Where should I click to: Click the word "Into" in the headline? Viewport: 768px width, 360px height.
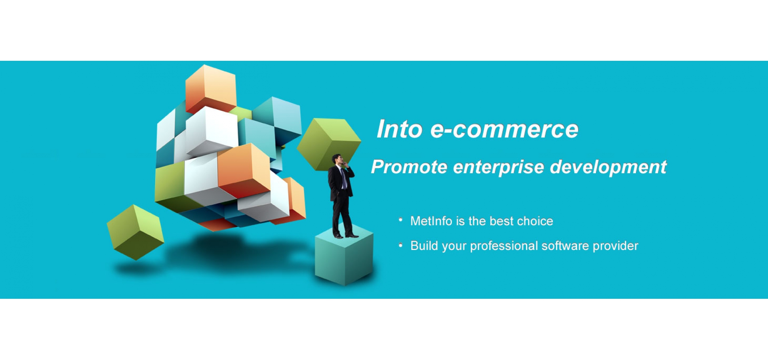coord(400,129)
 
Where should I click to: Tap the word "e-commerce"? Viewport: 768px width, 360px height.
coord(504,129)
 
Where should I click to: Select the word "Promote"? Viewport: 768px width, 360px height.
coord(409,167)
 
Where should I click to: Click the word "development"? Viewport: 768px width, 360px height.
coord(608,167)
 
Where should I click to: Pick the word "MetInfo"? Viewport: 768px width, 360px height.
coord(431,221)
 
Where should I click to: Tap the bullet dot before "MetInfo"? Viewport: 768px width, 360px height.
coord(400,219)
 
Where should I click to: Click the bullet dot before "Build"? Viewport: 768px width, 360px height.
coord(400,245)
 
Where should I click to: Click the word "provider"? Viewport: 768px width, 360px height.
coord(615,246)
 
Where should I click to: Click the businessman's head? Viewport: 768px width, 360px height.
coord(338,160)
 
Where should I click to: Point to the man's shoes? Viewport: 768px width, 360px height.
coord(346,236)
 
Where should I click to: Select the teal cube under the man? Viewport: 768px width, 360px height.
coord(344,256)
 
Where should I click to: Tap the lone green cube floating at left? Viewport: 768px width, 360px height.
coord(136,232)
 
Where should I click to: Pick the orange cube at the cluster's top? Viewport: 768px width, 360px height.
coord(211,89)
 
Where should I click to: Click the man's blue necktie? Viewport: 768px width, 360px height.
coord(343,178)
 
